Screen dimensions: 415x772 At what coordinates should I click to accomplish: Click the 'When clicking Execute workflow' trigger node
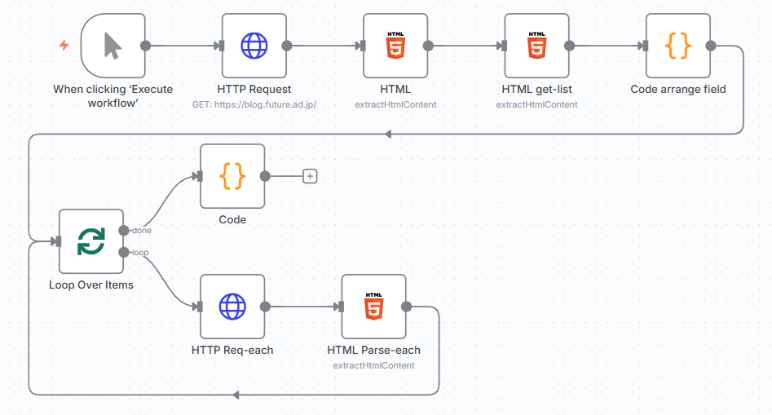[112, 46]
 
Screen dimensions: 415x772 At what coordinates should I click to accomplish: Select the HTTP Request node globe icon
[254, 46]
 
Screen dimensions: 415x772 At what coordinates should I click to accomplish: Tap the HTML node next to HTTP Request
[395, 46]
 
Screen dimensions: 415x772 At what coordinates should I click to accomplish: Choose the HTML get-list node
[536, 46]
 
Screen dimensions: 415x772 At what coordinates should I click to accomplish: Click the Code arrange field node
[677, 46]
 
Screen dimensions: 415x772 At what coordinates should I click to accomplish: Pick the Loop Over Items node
[90, 241]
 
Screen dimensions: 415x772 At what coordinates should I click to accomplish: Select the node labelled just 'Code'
[232, 176]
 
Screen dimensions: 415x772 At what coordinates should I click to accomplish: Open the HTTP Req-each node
[232, 307]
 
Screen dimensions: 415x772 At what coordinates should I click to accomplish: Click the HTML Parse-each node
[373, 307]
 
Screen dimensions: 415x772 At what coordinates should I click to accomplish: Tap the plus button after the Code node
[310, 176]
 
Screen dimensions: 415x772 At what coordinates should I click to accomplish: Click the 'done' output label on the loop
[141, 231]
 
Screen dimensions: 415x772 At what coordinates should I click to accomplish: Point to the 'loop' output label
[140, 253]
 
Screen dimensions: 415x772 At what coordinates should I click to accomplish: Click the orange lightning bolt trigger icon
[64, 46]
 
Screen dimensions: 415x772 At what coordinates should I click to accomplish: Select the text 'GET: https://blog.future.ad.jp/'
[254, 104]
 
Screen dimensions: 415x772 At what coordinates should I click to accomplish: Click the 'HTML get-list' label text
[536, 90]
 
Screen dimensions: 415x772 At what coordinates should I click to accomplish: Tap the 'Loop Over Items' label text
[90, 285]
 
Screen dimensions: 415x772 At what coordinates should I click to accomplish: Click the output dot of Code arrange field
[710, 46]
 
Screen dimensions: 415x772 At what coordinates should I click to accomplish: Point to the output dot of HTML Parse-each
[406, 307]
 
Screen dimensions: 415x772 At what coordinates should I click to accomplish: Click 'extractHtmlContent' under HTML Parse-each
[373, 365]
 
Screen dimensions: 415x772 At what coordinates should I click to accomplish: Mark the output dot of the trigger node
[145, 46]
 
